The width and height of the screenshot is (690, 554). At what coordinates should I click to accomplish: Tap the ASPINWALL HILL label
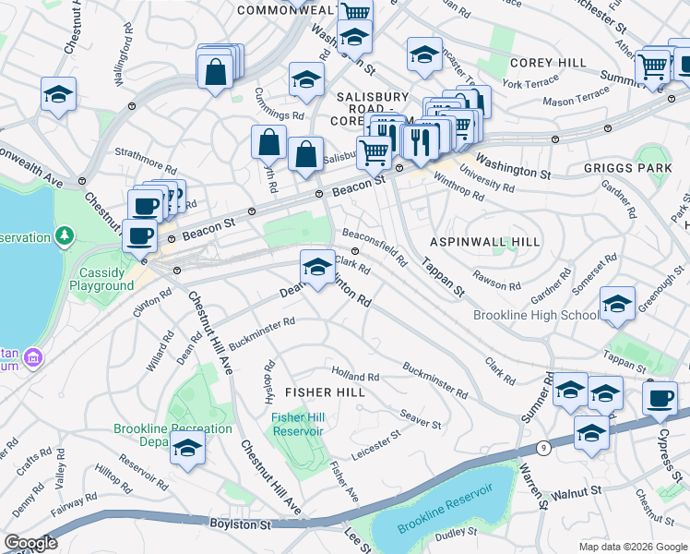(x=484, y=242)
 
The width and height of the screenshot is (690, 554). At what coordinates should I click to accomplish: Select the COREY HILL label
(x=548, y=63)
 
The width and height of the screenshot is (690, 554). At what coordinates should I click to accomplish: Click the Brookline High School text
(x=536, y=316)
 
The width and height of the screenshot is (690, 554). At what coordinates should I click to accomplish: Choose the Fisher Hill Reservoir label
(x=297, y=424)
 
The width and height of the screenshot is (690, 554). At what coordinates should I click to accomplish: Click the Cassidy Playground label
(x=101, y=279)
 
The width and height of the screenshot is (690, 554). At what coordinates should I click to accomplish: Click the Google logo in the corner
(x=30, y=543)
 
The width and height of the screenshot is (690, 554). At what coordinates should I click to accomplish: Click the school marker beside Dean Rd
(x=317, y=268)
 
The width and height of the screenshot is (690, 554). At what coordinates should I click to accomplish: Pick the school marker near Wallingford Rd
(x=58, y=94)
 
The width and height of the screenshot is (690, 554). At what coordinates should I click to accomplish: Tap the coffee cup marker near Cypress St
(x=660, y=399)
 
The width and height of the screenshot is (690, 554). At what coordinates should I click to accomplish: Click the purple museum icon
(x=32, y=356)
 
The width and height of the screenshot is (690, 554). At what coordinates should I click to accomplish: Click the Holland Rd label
(x=355, y=377)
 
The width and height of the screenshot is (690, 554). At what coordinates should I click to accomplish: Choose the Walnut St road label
(x=577, y=493)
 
